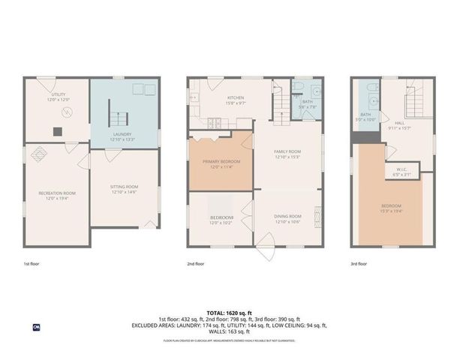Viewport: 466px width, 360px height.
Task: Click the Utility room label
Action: click(59, 97)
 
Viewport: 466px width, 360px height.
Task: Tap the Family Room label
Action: click(287, 154)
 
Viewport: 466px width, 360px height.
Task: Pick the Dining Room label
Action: click(288, 219)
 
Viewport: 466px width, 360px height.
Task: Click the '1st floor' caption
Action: click(31, 264)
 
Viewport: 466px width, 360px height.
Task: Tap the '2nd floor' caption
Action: click(196, 264)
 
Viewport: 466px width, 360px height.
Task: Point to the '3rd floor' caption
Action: click(359, 264)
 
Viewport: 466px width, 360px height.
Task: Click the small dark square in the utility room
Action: click(56, 131)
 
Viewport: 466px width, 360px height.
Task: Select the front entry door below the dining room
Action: click(268, 250)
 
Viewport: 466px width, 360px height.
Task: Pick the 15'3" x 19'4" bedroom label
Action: click(391, 208)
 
